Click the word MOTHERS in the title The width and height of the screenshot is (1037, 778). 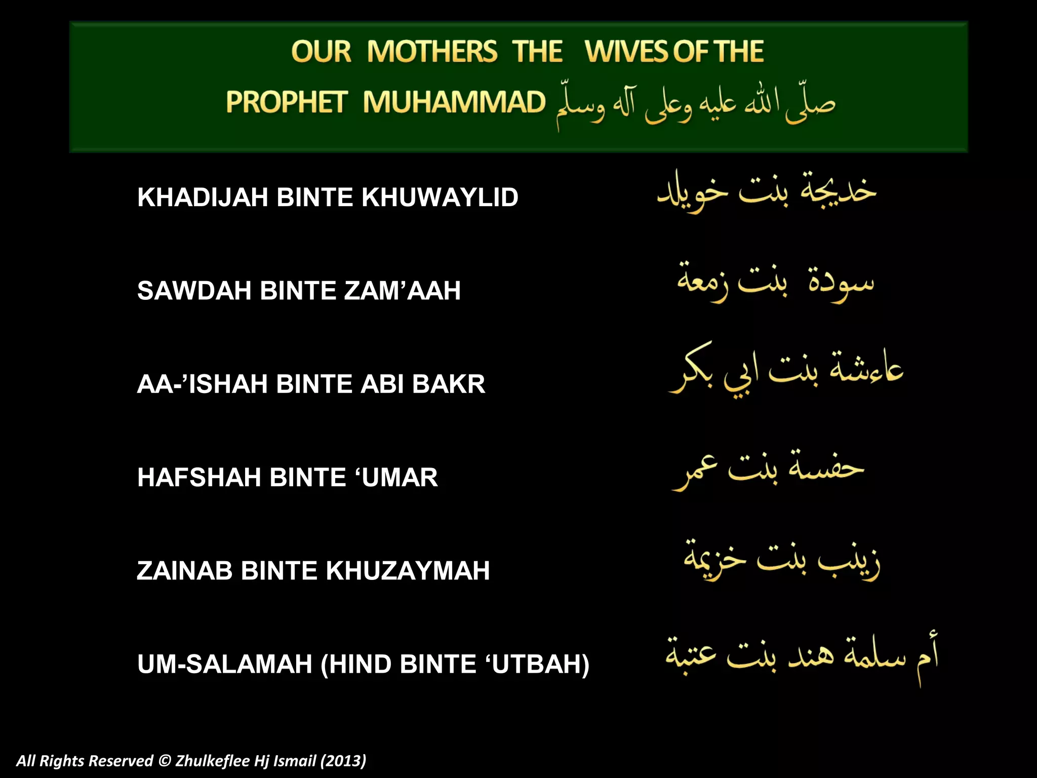432,52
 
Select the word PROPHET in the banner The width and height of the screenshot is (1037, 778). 286,102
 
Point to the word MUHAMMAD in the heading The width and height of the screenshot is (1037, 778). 454,102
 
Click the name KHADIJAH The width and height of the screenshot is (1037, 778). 203,197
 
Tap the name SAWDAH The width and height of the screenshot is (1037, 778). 194,291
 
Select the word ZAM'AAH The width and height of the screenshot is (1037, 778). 402,291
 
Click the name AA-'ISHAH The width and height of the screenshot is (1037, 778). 202,384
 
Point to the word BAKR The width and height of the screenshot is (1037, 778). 449,384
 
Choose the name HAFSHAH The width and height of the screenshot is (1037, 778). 199,477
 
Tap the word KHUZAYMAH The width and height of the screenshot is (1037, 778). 408,571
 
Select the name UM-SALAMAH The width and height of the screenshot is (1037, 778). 225,664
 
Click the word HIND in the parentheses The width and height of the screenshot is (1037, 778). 360,664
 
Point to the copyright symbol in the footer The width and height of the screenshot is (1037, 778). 165,761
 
